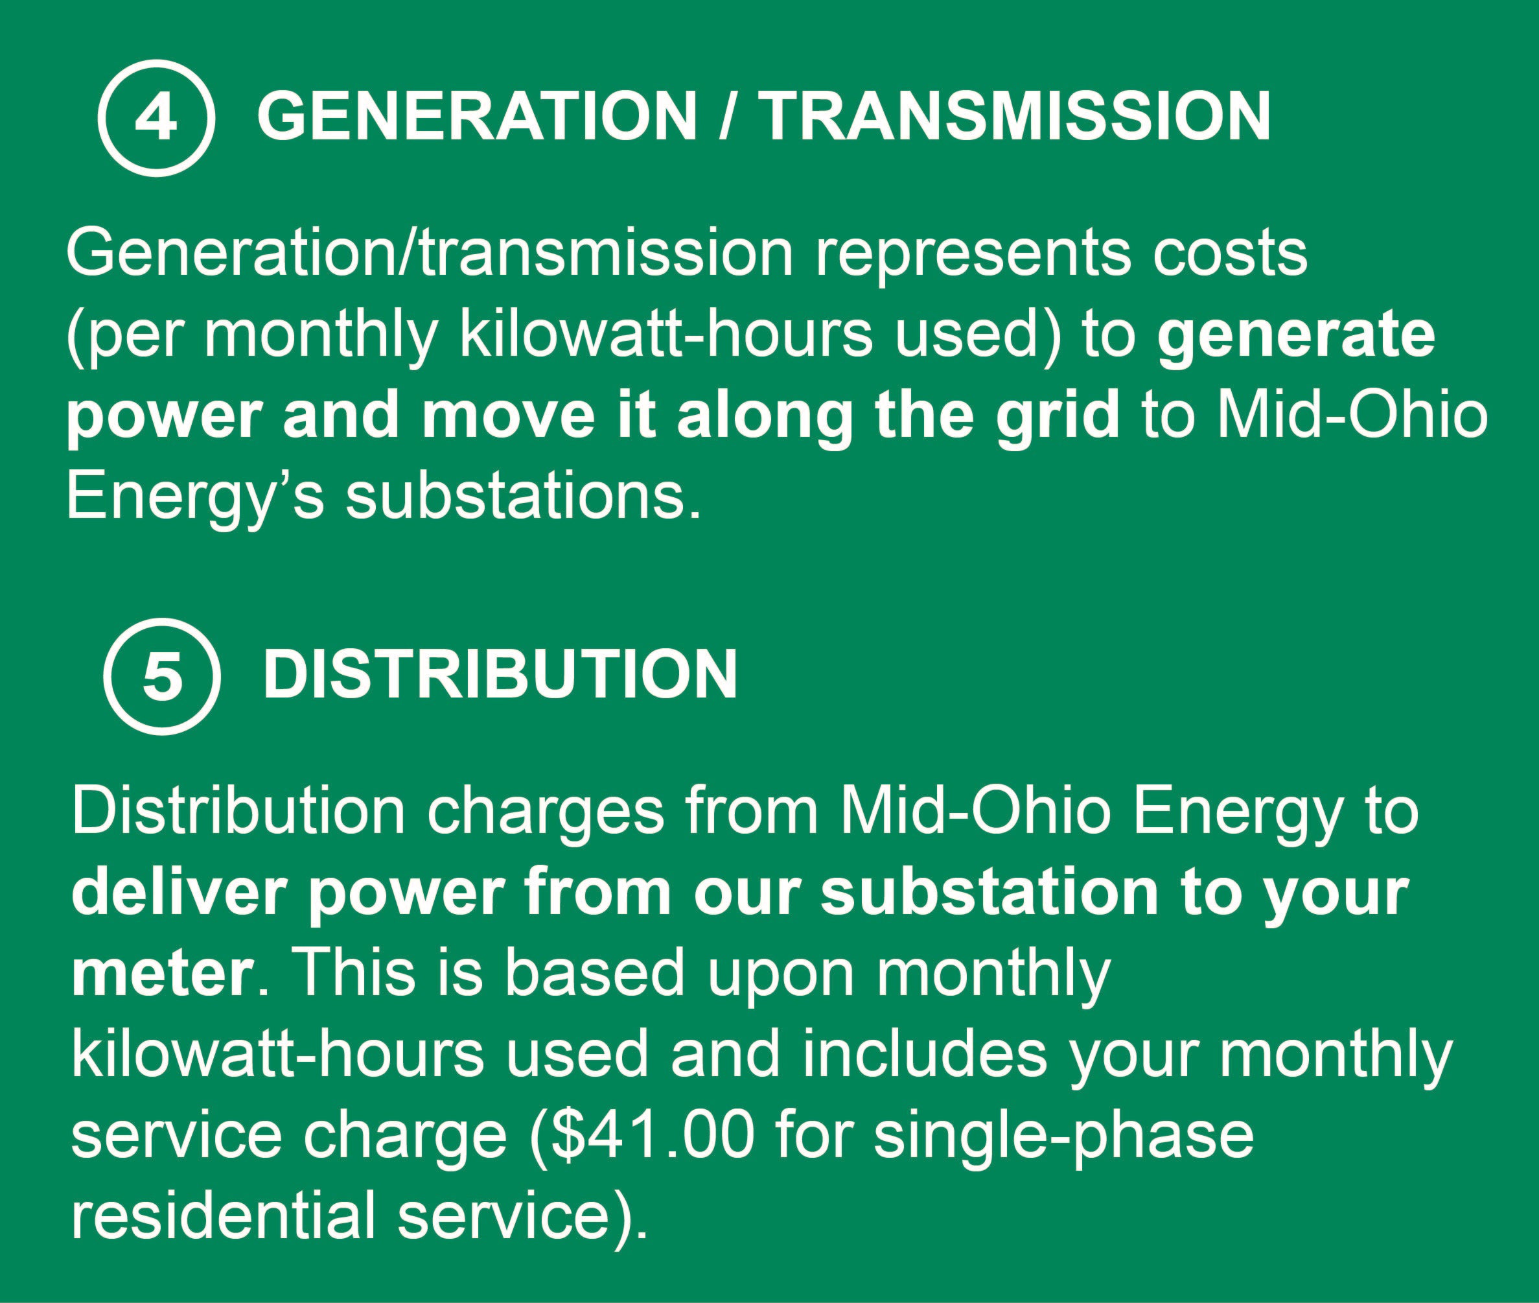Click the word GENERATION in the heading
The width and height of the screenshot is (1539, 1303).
[x=476, y=116]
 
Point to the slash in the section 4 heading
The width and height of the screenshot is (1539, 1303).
[x=728, y=116]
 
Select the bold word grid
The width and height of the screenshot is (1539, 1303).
[x=1057, y=416]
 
